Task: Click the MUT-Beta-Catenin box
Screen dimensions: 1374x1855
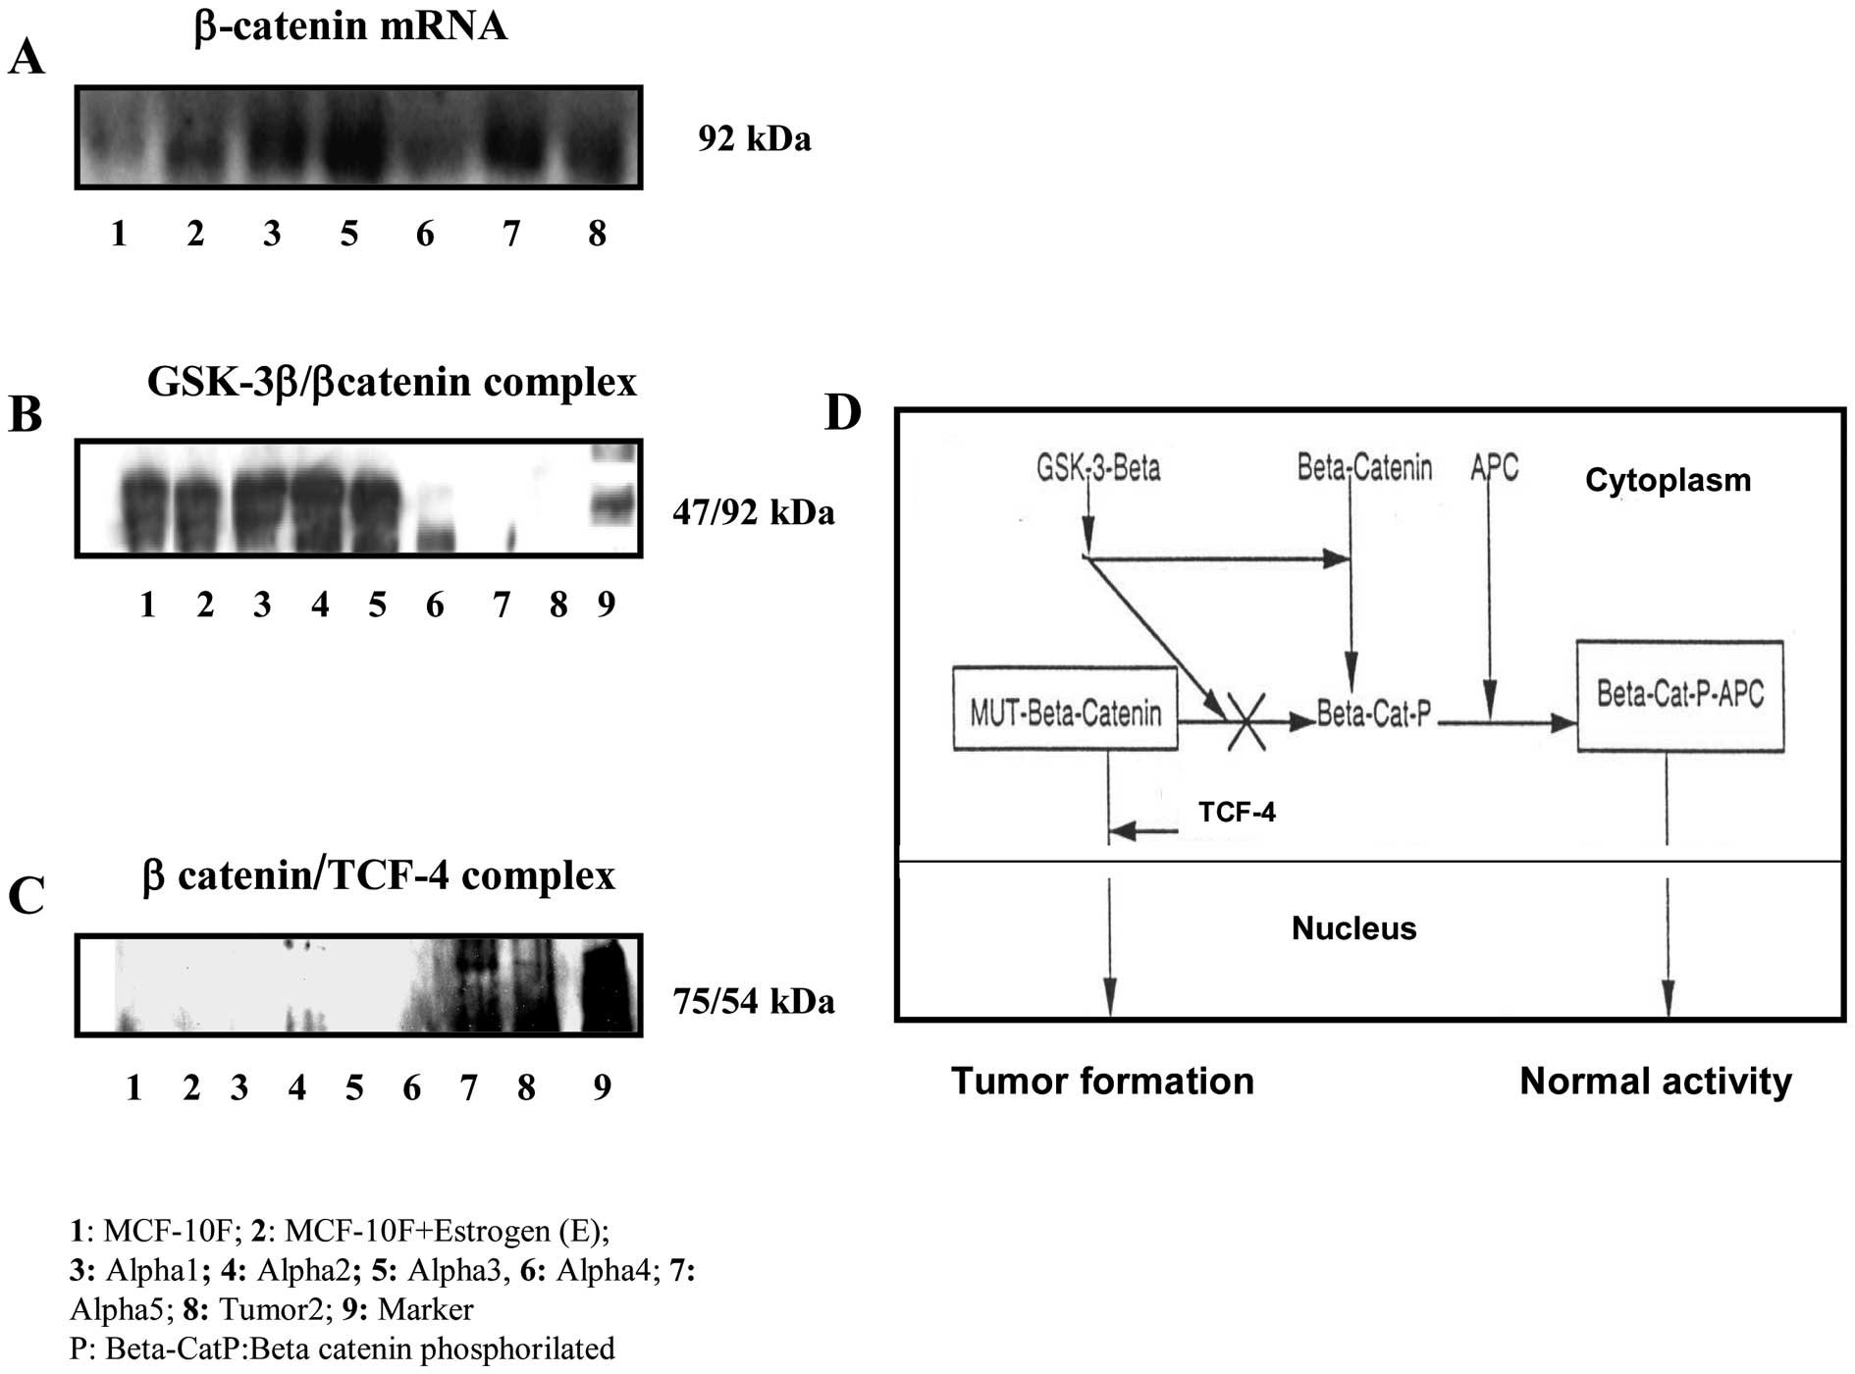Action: click(x=1065, y=710)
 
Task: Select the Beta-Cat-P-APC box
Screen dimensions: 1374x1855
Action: click(x=1679, y=695)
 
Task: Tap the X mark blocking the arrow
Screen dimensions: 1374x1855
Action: click(x=1245, y=722)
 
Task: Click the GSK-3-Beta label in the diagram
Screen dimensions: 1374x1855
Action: click(x=1098, y=467)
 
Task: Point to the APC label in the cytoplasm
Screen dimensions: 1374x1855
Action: click(x=1494, y=467)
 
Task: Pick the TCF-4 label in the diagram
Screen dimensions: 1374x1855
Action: click(x=1237, y=812)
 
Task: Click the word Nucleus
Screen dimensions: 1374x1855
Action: click(x=1353, y=927)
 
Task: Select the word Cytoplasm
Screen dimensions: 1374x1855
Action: click(x=1668, y=480)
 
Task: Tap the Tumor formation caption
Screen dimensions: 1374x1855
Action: click(x=1102, y=1081)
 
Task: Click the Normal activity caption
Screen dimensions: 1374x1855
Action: click(x=1656, y=1081)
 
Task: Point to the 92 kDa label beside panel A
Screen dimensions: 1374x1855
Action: click(x=755, y=139)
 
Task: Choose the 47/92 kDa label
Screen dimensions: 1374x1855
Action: click(x=753, y=512)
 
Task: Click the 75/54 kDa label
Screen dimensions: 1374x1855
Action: click(x=753, y=1001)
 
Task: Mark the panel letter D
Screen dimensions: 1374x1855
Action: click(x=843, y=413)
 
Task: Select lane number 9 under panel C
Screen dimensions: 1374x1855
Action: click(x=602, y=1086)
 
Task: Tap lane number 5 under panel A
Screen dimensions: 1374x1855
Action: click(x=348, y=234)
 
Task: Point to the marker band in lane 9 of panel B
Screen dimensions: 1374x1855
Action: click(x=614, y=503)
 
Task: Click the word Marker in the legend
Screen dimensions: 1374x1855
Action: click(x=425, y=1309)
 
